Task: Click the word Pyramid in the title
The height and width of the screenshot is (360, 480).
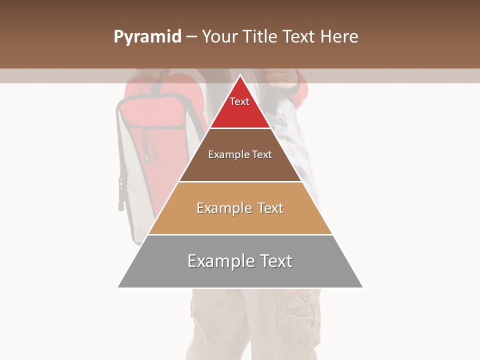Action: tap(147, 37)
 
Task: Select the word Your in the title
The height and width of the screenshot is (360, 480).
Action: tap(219, 37)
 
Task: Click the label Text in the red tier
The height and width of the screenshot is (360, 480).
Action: tap(239, 101)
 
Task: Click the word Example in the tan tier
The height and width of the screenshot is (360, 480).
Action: tap(223, 208)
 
